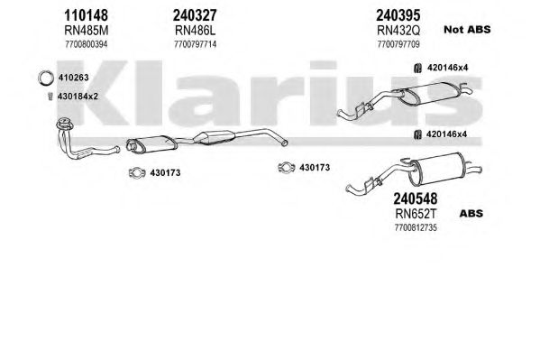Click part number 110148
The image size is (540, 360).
click(x=87, y=15)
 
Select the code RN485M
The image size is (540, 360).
click(x=87, y=31)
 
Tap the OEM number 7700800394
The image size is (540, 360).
click(x=87, y=44)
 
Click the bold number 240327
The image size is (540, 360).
click(x=195, y=15)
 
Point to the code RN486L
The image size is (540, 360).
click(x=195, y=31)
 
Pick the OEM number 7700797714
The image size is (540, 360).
click(x=196, y=44)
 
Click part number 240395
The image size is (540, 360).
click(x=398, y=15)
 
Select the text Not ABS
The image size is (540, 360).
click(x=467, y=30)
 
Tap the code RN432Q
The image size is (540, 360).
click(x=398, y=31)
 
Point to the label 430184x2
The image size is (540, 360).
click(x=78, y=97)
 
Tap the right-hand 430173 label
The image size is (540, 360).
click(x=315, y=168)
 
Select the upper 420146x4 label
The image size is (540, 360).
click(x=448, y=68)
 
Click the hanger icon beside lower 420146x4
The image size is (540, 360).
click(x=417, y=134)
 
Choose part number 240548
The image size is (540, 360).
click(x=416, y=198)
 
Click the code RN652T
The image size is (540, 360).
click(x=416, y=214)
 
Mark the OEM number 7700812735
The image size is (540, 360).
click(x=416, y=227)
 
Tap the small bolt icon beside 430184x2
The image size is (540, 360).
click(x=50, y=97)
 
